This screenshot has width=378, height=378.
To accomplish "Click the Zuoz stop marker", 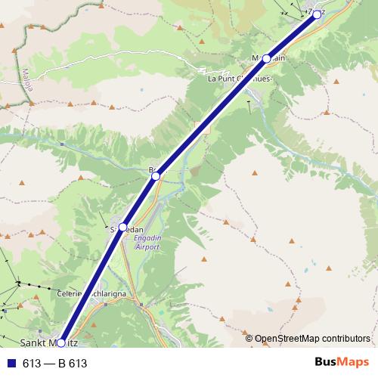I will tap(317, 13).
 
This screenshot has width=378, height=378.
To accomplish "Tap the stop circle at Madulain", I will tap(266, 57).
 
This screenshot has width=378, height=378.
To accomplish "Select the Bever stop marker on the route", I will tap(156, 175).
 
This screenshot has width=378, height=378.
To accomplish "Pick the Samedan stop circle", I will tap(122, 226).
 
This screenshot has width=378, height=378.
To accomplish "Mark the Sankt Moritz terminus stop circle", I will tap(61, 342).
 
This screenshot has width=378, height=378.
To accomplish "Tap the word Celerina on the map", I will tap(72, 293).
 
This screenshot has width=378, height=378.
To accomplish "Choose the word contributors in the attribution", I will tap(348, 339).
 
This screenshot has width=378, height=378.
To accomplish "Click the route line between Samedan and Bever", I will tap(139, 200).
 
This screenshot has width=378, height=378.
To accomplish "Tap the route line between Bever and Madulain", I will tap(211, 116).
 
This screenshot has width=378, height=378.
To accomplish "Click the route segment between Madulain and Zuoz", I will tap(292, 35).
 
